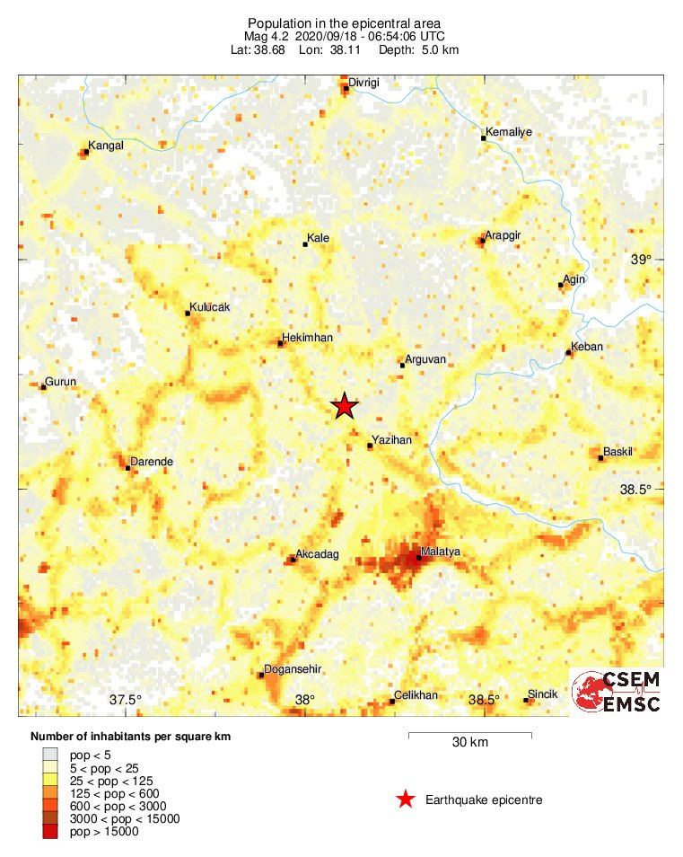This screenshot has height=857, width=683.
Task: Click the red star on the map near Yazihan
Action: coord(345,407)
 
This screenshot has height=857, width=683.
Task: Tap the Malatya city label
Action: coord(441,551)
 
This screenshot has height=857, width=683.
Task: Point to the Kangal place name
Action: coord(106,145)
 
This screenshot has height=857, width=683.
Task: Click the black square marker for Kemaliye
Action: coord(484,138)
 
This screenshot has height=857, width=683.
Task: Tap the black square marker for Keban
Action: coord(568,353)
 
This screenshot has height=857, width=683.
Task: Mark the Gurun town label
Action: coord(61,382)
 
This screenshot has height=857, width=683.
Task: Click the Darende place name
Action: coord(152,462)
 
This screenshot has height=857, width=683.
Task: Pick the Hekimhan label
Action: coord(308,337)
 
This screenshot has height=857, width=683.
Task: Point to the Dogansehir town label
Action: coord(289,670)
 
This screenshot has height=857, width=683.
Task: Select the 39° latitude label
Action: coord(640,260)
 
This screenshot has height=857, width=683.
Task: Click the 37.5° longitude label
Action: coord(127,700)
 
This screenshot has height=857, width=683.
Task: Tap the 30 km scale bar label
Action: coord(469,742)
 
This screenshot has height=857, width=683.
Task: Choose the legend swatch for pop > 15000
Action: coord(50,833)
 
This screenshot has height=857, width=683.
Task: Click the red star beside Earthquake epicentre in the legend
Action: coord(406,800)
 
